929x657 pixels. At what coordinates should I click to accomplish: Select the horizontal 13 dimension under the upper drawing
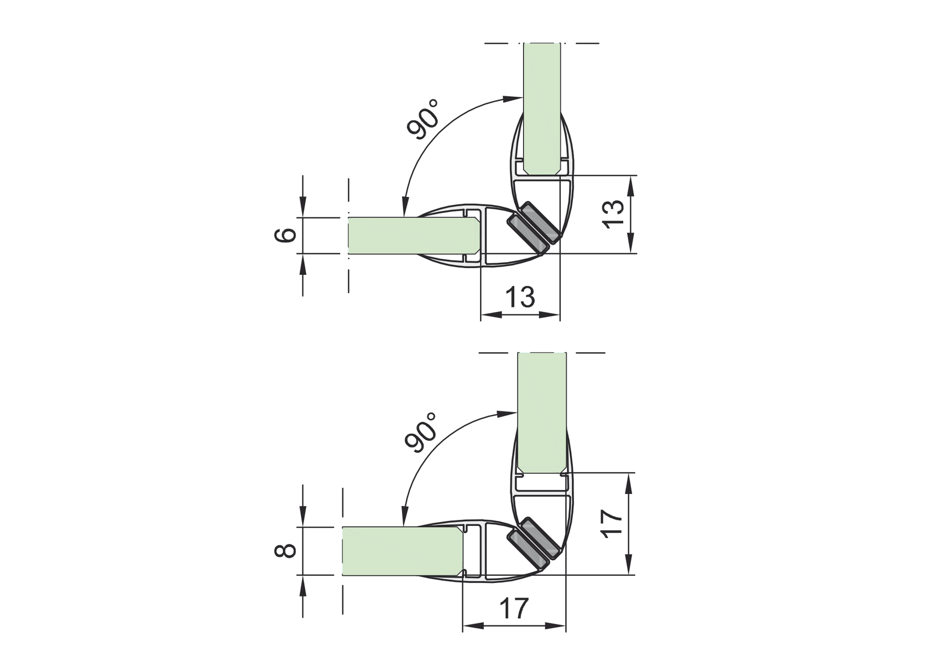(520, 297)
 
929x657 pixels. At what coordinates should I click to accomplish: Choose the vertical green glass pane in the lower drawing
(542, 412)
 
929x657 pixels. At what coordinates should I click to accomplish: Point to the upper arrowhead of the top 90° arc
(512, 98)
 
